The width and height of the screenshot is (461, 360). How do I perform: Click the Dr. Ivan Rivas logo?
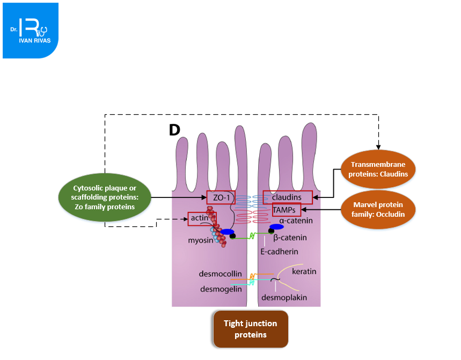[31, 30]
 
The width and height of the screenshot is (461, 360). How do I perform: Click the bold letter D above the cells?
[174, 130]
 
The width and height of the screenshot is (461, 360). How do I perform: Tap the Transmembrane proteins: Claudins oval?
[378, 169]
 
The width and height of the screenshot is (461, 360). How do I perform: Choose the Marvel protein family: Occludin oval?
[378, 209]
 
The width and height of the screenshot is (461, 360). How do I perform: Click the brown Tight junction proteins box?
[250, 328]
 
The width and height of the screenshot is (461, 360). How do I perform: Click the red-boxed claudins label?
[287, 197]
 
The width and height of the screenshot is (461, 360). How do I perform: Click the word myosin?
[199, 241]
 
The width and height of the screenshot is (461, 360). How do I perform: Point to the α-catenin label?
[295, 221]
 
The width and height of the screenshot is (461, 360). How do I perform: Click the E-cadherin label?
[280, 251]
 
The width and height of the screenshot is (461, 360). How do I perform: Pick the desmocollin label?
[217, 274]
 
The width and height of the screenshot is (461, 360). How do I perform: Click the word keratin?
[304, 271]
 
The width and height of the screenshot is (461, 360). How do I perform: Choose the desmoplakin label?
[284, 297]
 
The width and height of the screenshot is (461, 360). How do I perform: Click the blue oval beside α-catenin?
[276, 226]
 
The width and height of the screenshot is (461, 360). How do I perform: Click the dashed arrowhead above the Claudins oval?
[378, 147]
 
